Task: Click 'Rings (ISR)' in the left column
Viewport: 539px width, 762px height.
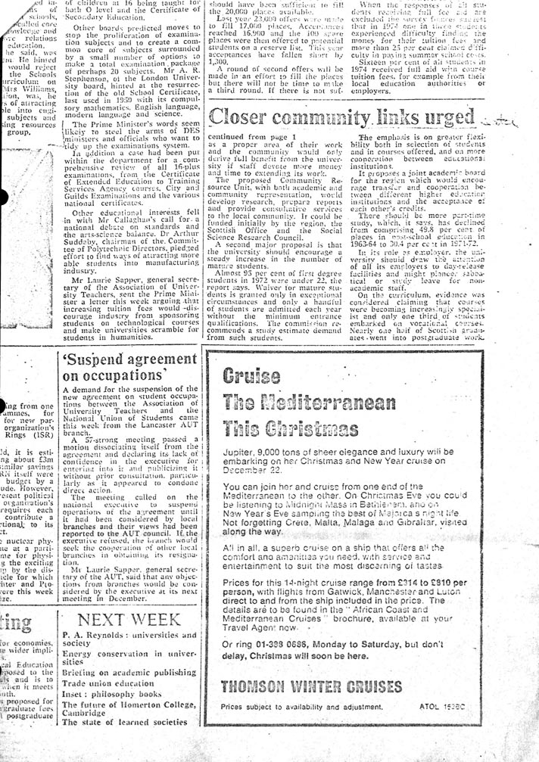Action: [x=22, y=435]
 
